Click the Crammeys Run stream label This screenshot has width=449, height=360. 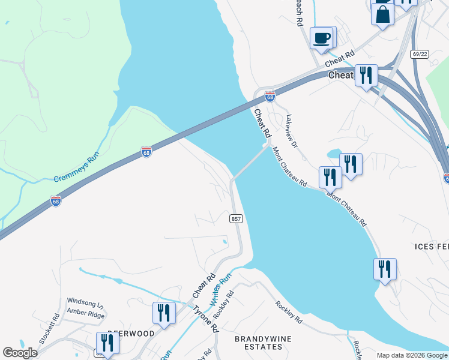(x=76, y=170)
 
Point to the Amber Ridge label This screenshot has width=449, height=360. (x=85, y=314)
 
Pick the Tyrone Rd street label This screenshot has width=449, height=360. (x=205, y=319)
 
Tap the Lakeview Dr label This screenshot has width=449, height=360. (x=292, y=131)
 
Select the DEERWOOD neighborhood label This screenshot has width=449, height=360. (x=131, y=333)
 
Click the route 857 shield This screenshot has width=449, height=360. (x=236, y=219)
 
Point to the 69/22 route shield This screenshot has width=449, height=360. (x=420, y=54)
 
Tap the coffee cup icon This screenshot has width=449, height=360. (x=321, y=38)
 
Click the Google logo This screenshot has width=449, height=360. (x=20, y=353)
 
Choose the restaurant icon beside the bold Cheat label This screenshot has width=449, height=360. (x=366, y=76)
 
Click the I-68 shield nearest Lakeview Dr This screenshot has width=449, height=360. (x=270, y=96)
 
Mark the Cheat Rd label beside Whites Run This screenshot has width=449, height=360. (x=204, y=287)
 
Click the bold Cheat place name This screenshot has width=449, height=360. (x=340, y=76)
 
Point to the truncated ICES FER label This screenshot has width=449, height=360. (x=432, y=247)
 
